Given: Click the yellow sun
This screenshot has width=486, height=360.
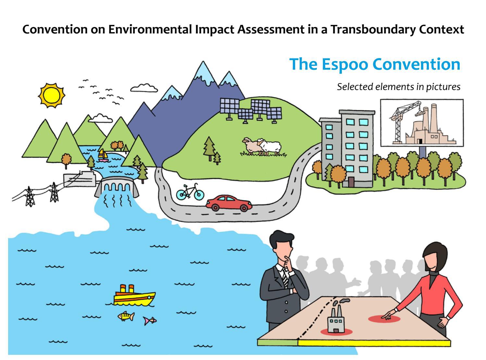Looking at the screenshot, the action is [52, 95].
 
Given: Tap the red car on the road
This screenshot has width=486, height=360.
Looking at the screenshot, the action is [229, 203].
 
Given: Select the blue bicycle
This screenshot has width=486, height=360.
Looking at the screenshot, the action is [190, 192].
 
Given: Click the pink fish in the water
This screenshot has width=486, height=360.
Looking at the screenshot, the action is [150, 321].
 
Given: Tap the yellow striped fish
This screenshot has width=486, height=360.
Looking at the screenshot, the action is [126, 316].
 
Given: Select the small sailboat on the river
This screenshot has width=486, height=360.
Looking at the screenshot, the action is [103, 155].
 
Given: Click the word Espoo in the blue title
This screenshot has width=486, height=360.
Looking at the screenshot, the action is [345, 65].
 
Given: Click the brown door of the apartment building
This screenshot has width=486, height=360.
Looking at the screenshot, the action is [351, 182].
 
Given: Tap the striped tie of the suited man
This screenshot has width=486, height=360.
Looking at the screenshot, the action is [284, 278].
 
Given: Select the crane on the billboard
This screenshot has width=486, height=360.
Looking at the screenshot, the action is [403, 122].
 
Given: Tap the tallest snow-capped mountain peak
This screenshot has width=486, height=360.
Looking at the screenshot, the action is [203, 72].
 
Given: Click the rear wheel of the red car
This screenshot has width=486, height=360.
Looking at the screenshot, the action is [215, 207].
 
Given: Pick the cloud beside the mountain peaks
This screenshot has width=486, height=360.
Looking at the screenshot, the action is [144, 88].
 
